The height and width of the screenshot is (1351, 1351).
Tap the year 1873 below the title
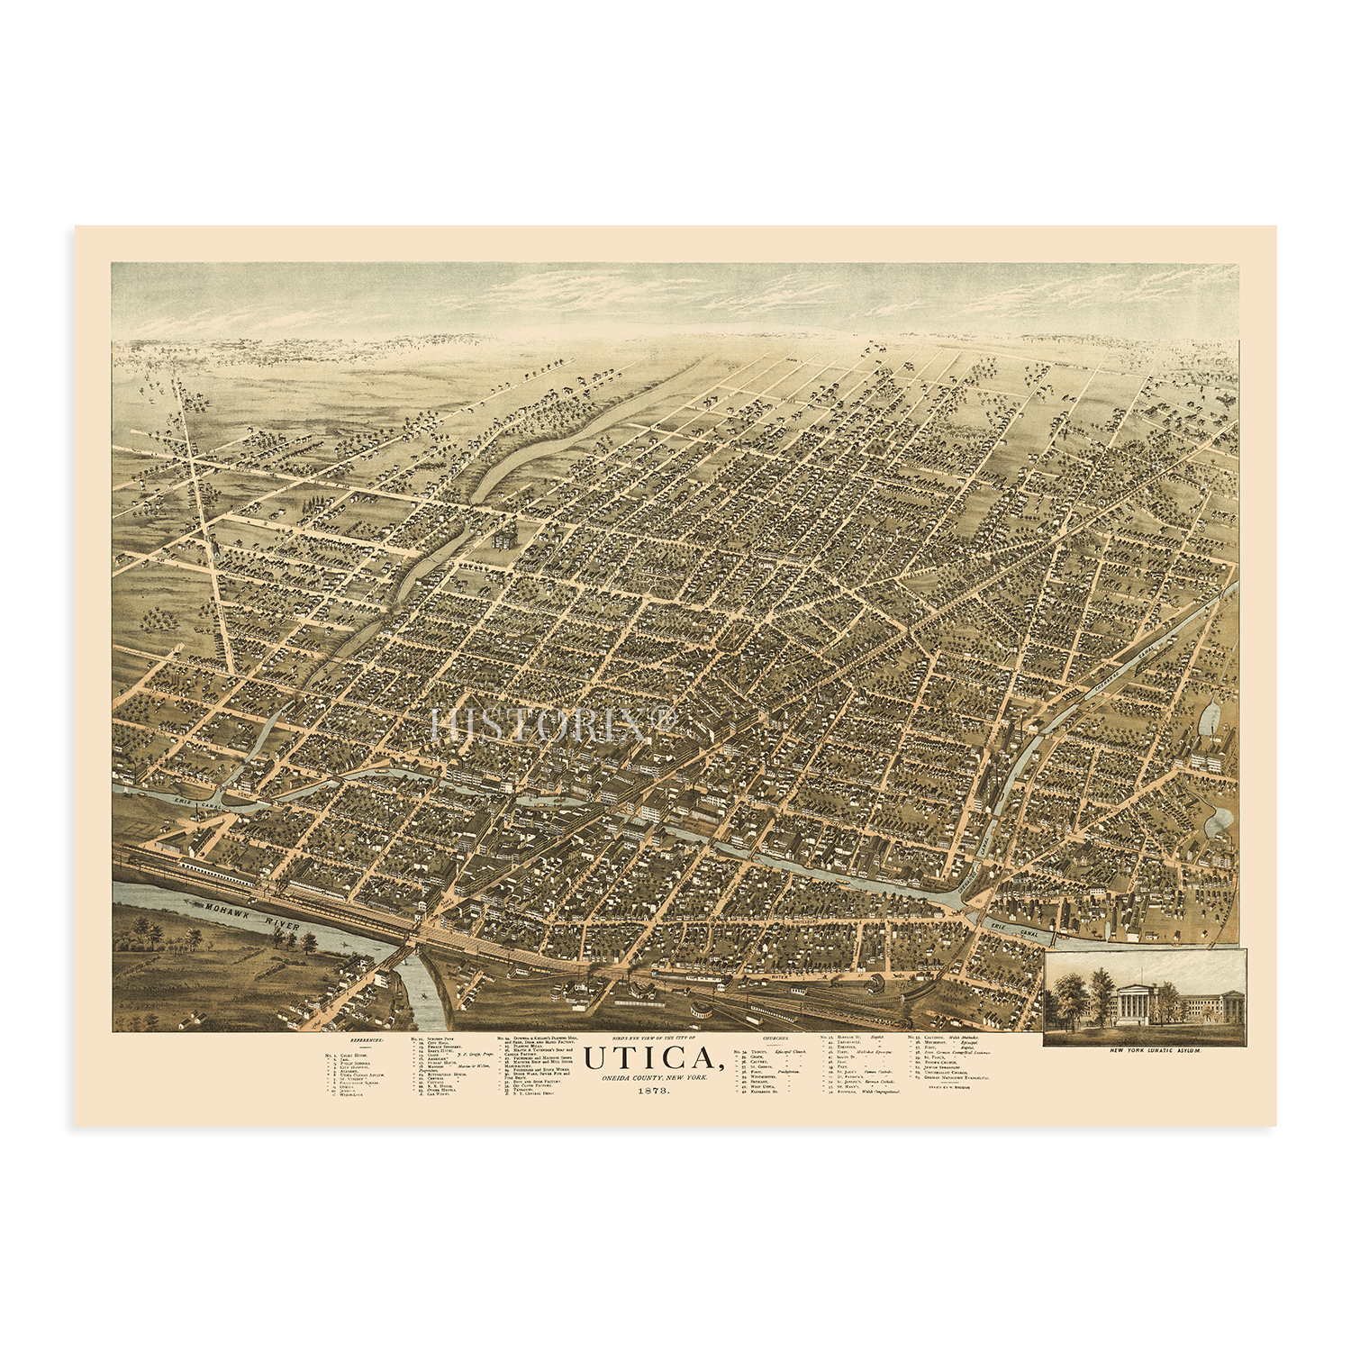[x=654, y=1091]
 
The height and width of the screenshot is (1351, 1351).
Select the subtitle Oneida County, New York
[x=654, y=1078]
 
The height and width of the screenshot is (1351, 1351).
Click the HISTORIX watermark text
[x=552, y=725]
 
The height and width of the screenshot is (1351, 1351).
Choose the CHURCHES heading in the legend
[x=775, y=1039]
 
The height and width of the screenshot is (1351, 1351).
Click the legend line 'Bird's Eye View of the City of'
[x=654, y=1038]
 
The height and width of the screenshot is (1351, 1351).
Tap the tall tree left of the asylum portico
[x=1100, y=991]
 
